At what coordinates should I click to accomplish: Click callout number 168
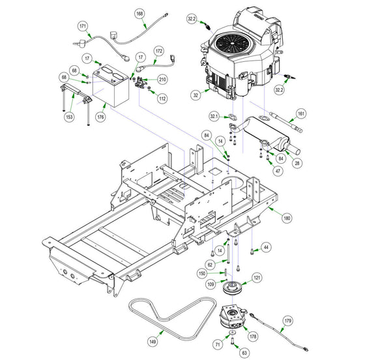pyautogui.click(x=139, y=14)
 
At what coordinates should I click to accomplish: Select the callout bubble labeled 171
pyautogui.click(x=83, y=26)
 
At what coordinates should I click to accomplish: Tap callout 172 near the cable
pyautogui.click(x=159, y=51)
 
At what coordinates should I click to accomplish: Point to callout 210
pyautogui.click(x=162, y=80)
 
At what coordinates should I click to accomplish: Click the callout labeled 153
pyautogui.click(x=69, y=117)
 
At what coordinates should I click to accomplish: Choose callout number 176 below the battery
pyautogui.click(x=101, y=117)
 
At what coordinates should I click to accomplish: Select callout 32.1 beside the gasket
pyautogui.click(x=214, y=116)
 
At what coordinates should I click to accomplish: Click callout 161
pyautogui.click(x=301, y=113)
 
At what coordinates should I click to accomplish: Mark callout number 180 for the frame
pyautogui.click(x=287, y=218)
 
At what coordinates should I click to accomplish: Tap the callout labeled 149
pyautogui.click(x=152, y=342)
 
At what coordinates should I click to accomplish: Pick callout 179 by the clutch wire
pyautogui.click(x=288, y=321)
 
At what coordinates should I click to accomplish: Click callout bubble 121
pyautogui.click(x=257, y=278)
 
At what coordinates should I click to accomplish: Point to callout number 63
pyautogui.click(x=244, y=353)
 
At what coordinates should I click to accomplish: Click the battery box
pyautogui.click(x=111, y=86)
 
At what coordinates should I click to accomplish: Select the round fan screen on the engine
pyautogui.click(x=231, y=43)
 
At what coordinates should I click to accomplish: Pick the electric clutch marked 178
pyautogui.click(x=232, y=317)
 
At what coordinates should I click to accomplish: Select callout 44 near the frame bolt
pyautogui.click(x=267, y=247)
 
